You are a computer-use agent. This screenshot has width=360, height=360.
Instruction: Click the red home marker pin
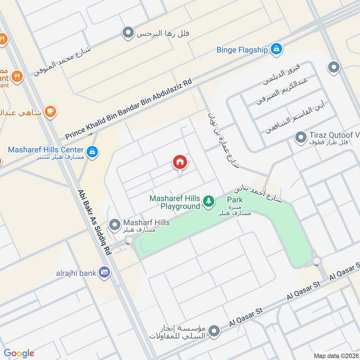click(x=180, y=162)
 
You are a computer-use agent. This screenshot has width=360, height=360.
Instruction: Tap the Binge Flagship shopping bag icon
click(x=277, y=49)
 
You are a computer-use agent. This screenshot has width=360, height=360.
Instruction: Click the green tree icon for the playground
click(x=208, y=201)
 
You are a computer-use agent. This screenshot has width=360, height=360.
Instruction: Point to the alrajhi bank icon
click(x=105, y=272)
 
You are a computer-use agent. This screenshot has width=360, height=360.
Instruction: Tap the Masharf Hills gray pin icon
click(x=115, y=223)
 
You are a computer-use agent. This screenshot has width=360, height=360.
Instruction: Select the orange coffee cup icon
click(x=50, y=111)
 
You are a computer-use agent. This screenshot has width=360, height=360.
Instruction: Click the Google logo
click(x=19, y=353)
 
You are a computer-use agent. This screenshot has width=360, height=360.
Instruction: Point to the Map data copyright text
click(x=336, y=355)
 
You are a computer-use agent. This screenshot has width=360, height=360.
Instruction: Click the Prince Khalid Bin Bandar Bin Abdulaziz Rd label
click(x=128, y=109)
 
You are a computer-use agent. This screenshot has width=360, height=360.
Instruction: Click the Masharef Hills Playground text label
click(x=175, y=202)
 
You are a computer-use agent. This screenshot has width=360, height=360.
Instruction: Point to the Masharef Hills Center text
click(x=45, y=149)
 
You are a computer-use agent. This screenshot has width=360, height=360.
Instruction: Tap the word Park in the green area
click(x=235, y=199)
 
